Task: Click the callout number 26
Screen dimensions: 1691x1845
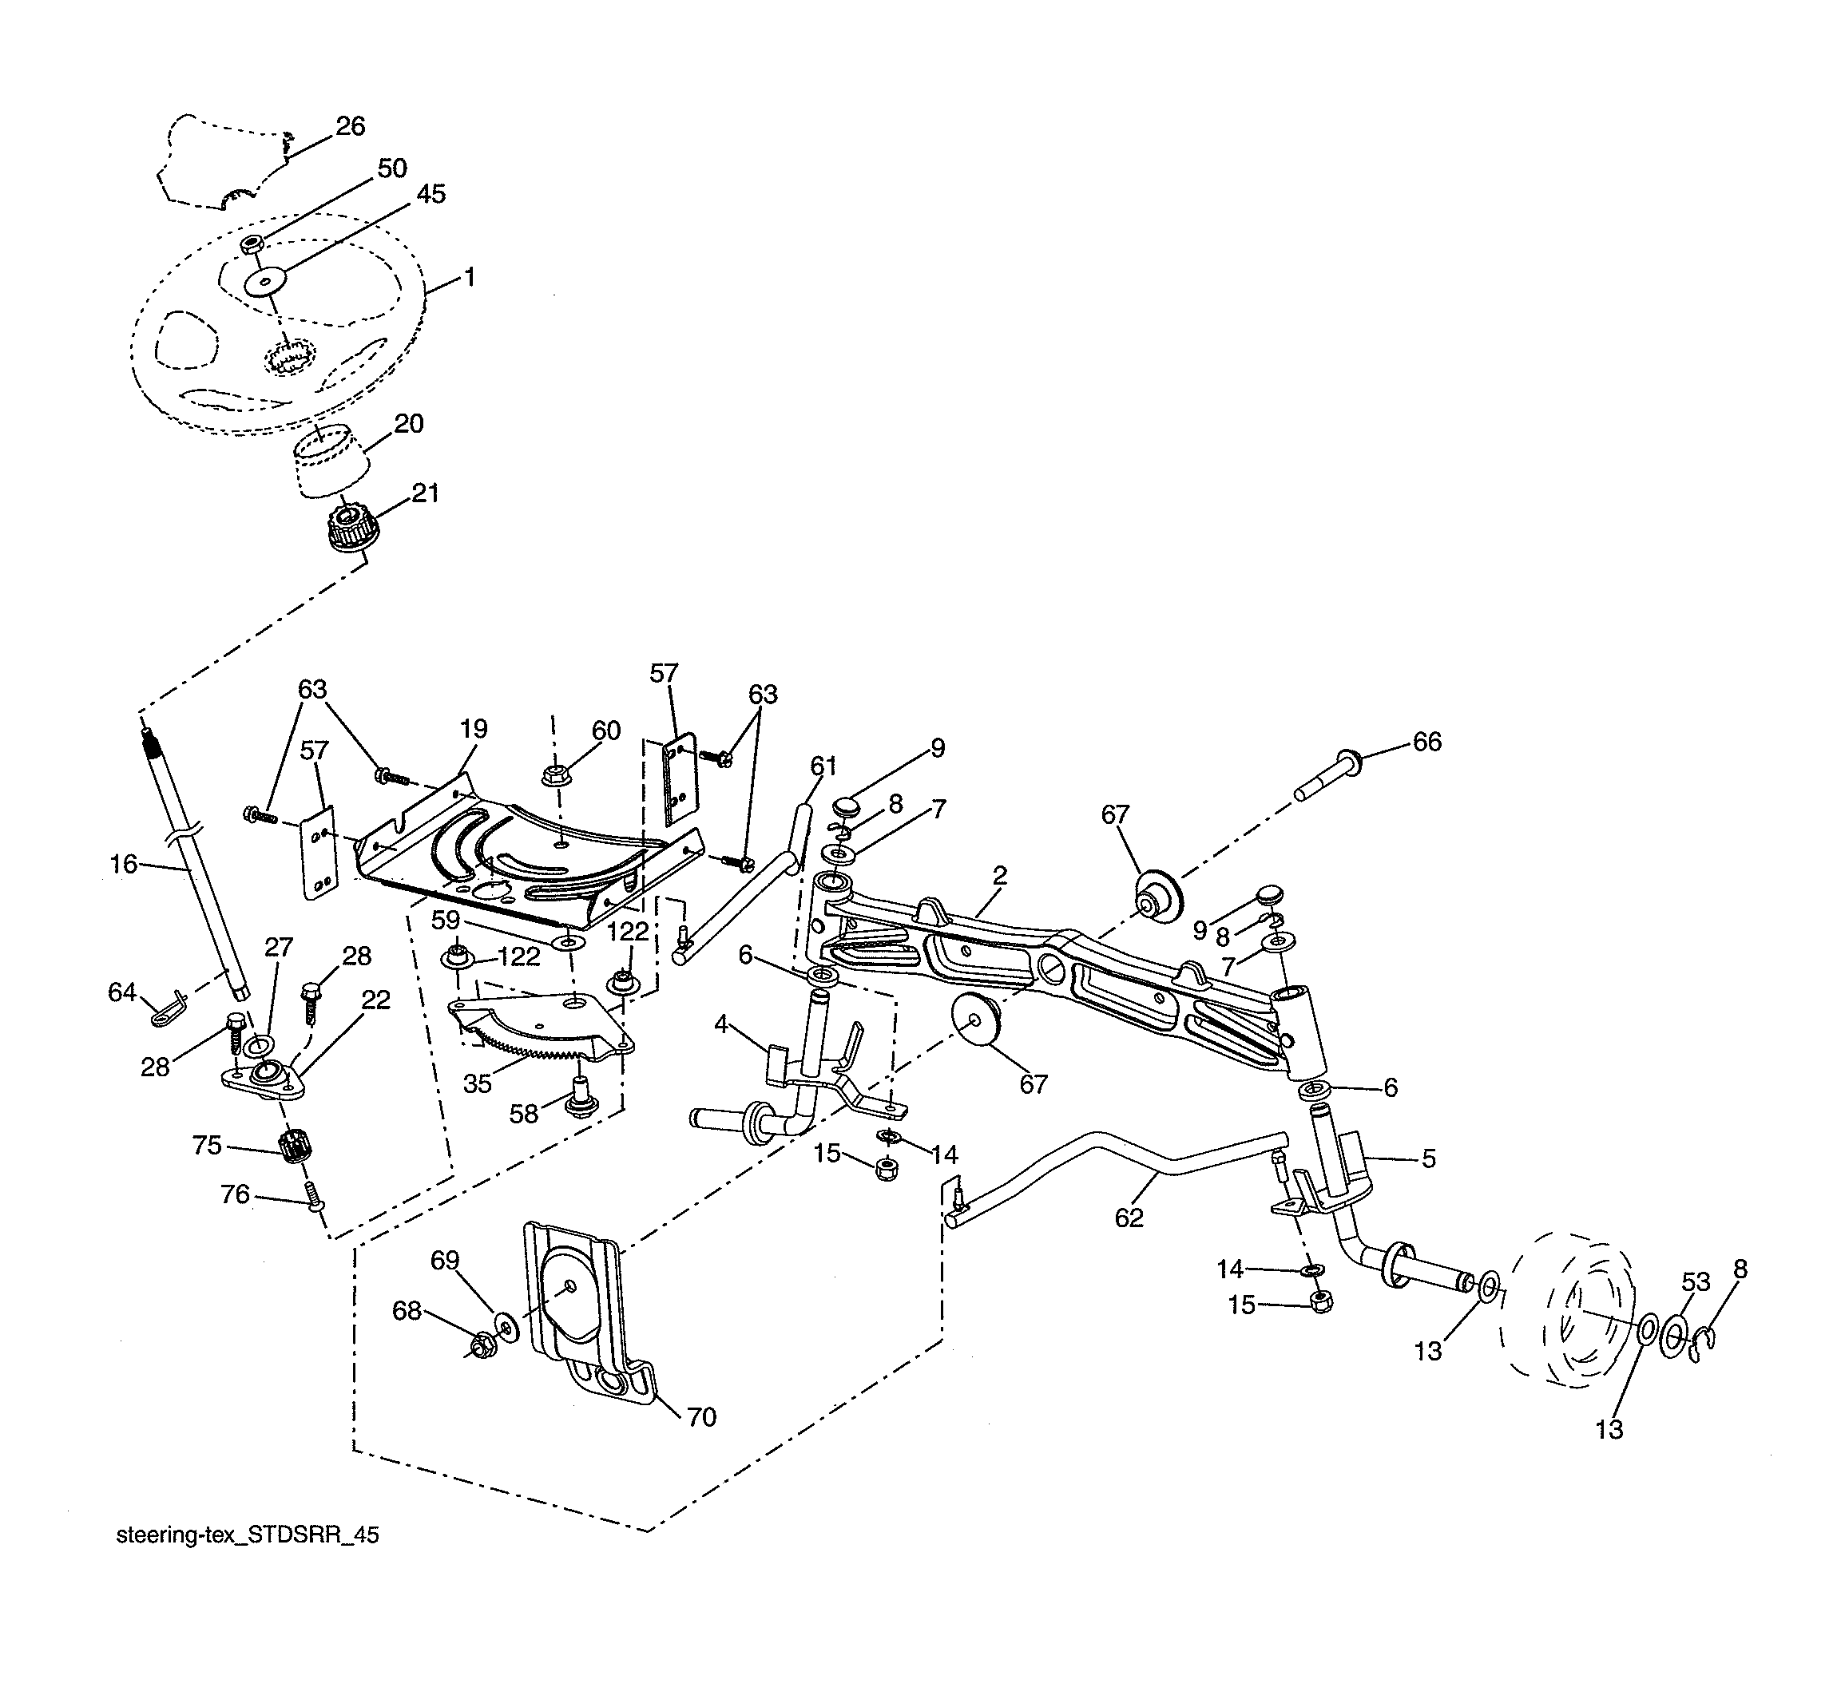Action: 351,126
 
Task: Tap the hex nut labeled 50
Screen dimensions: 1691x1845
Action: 253,244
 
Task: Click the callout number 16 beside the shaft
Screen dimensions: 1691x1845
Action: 123,864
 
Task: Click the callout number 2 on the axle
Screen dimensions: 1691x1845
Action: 999,876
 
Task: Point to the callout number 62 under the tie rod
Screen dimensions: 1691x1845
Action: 1129,1218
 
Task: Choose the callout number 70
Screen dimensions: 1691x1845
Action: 701,1417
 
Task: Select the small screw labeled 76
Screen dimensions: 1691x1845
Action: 313,1198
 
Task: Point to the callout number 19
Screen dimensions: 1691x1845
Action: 473,729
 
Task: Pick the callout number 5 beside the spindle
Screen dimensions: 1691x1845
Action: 1429,1158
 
